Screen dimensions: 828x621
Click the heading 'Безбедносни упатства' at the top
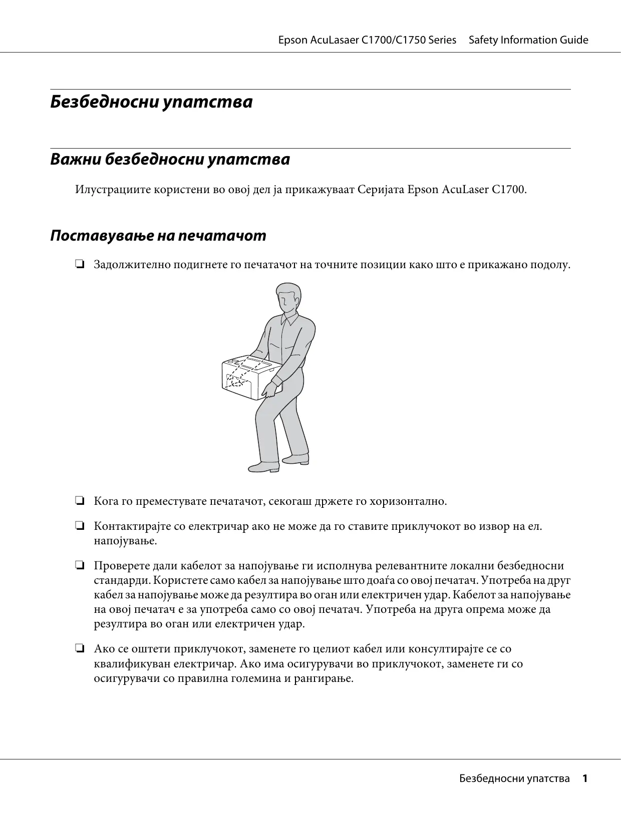coord(151,102)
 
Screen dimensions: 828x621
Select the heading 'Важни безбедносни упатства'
coord(170,160)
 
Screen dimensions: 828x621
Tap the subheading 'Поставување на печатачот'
coord(158,236)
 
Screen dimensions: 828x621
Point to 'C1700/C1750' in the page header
coord(394,40)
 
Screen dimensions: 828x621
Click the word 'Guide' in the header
coord(574,40)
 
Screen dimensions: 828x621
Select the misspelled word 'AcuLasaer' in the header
coord(335,40)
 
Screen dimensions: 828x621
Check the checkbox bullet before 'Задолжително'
coord(79,264)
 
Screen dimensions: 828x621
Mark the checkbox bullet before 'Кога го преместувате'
coord(79,501)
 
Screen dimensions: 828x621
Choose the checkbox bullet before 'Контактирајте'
coord(79,526)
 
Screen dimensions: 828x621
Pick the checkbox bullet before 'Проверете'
coord(79,566)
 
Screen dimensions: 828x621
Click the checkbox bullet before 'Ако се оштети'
coord(79,649)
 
